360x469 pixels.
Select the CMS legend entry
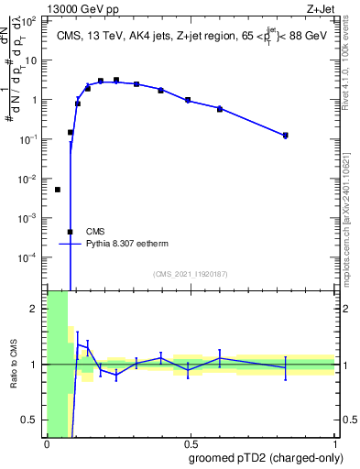point(95,232)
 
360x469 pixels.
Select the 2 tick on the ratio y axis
point(38,309)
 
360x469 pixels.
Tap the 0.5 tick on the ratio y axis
point(34,420)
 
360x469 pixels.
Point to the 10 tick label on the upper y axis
point(34,60)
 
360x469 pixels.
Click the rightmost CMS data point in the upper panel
point(286,136)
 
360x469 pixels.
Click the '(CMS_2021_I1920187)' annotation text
point(190,273)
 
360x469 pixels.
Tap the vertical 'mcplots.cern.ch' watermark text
point(345,220)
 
